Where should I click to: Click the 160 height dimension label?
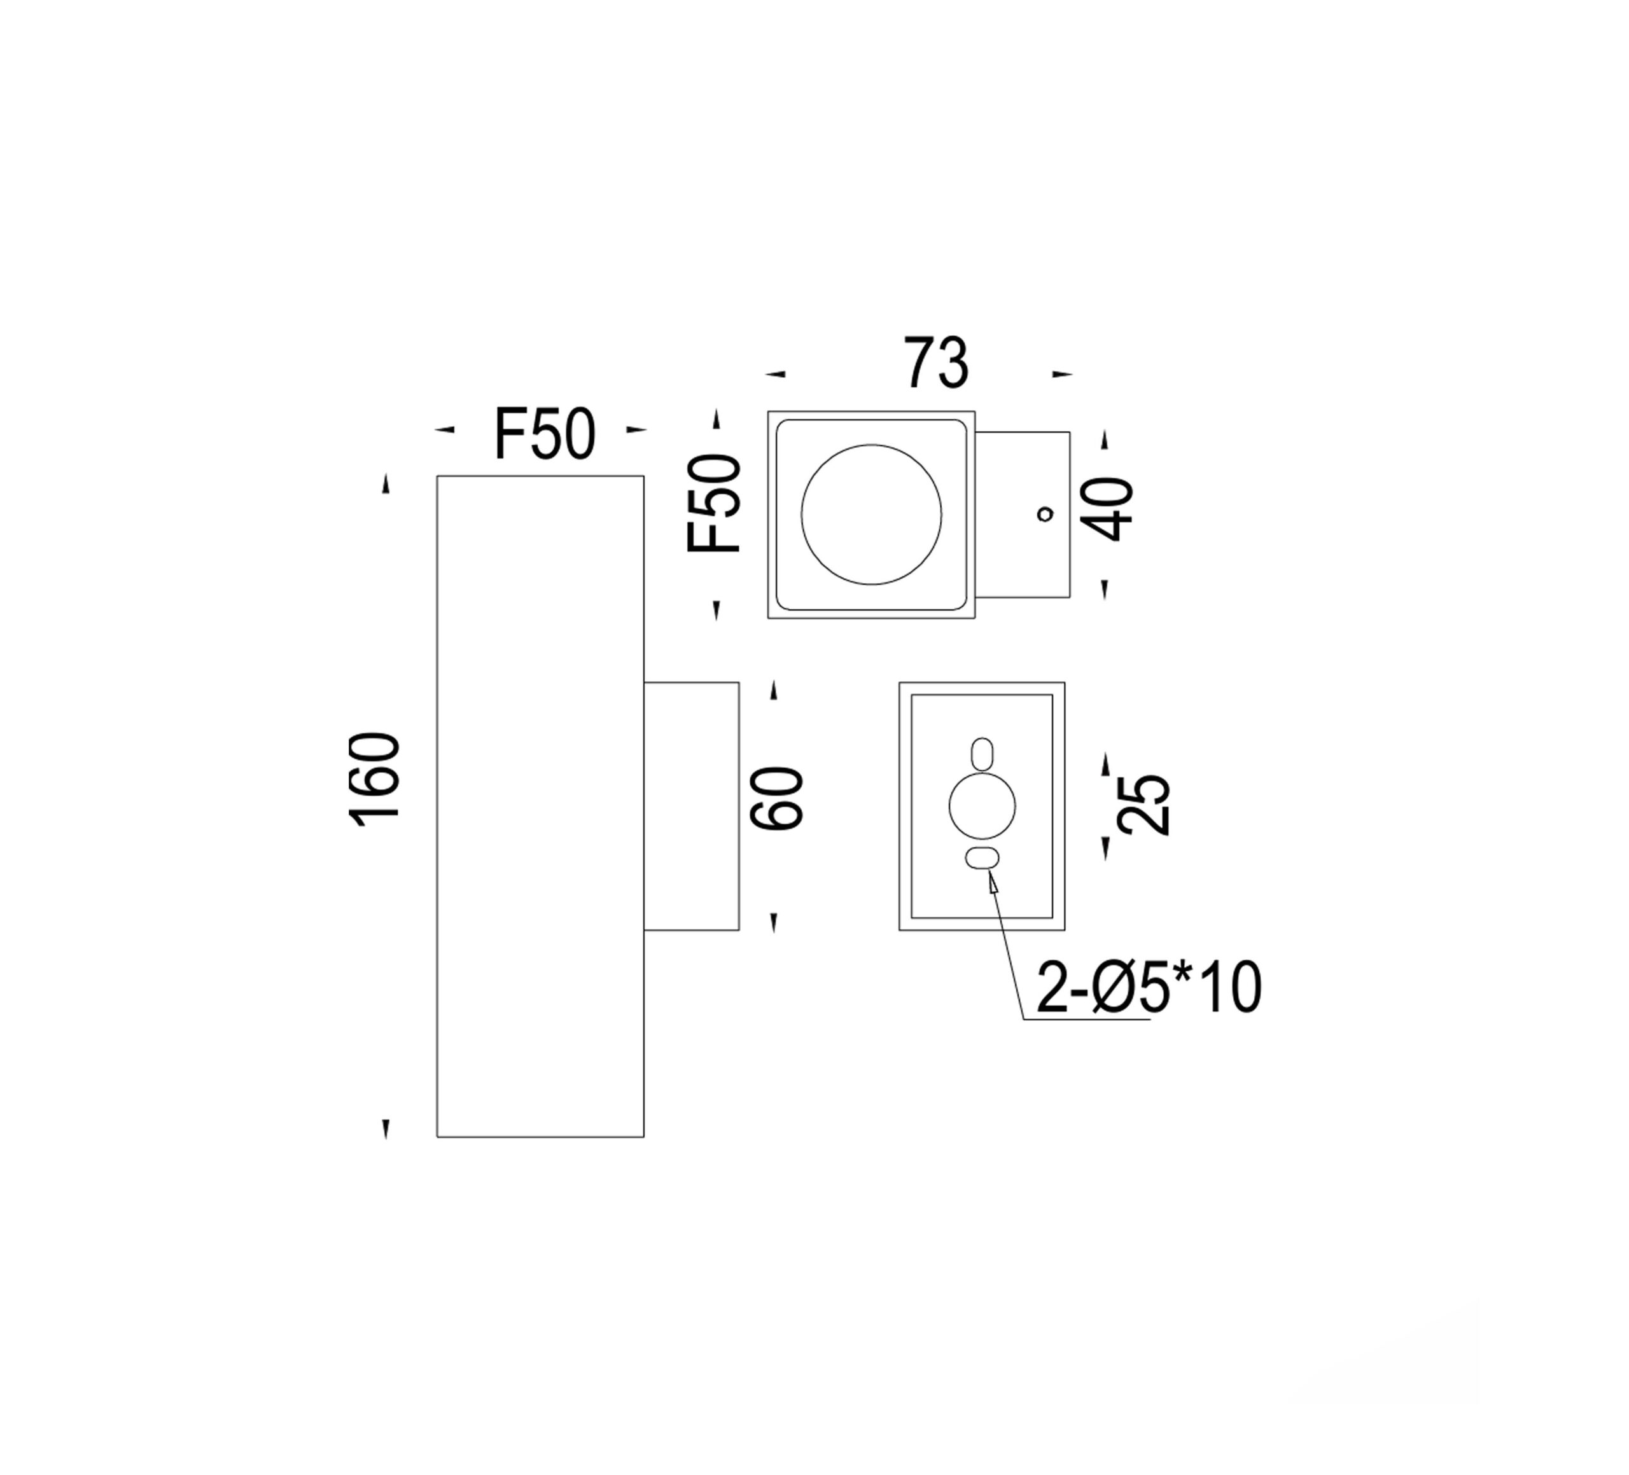click(374, 780)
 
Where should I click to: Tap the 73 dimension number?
click(935, 363)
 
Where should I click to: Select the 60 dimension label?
click(776, 798)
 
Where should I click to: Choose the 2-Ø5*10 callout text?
click(1148, 988)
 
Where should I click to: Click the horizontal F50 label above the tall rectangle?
click(545, 434)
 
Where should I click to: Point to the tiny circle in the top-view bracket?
click(1045, 514)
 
